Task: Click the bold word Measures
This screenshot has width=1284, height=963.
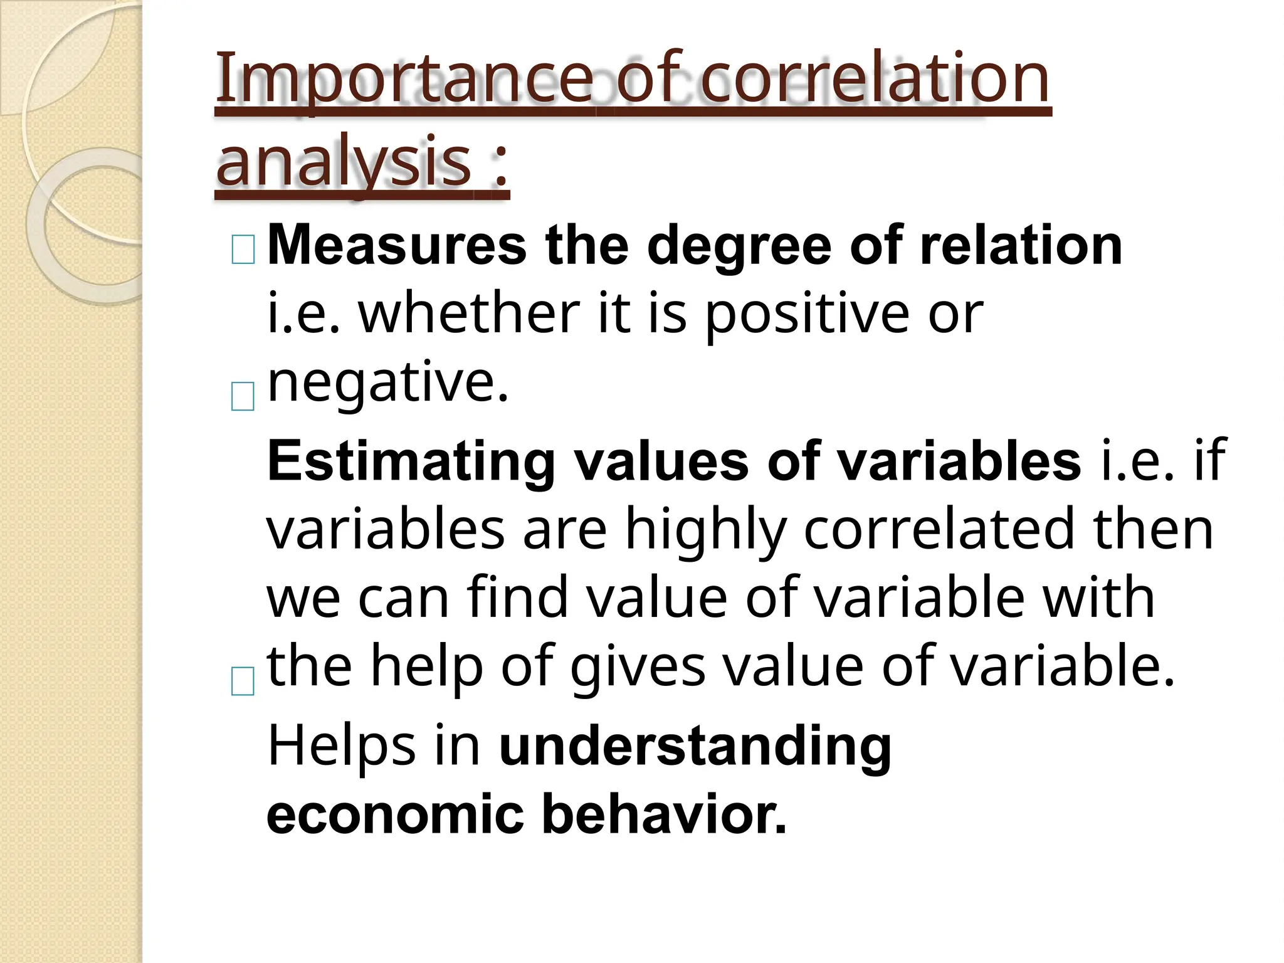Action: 397,246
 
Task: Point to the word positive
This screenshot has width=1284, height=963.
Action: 807,315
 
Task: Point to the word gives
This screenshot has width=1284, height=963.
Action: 637,668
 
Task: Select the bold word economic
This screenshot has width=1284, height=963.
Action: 395,815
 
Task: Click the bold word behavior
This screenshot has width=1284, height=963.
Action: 664,814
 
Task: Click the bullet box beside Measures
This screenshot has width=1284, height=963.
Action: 243,250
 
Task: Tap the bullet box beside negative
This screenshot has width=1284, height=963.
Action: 243,396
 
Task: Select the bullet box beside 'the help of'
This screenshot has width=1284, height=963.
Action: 243,681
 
